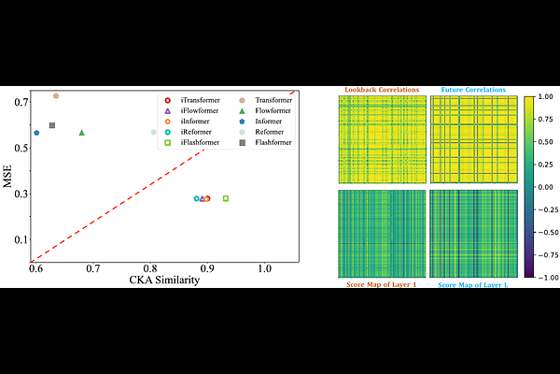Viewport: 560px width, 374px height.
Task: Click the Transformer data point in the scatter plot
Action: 56,95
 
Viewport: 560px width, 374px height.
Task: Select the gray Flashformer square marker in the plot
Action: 52,125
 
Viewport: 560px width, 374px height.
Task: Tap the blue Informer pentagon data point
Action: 36,133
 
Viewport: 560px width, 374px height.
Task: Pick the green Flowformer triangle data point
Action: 82,133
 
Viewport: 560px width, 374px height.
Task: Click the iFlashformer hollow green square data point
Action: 226,198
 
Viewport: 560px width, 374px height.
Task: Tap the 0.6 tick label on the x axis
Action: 36,269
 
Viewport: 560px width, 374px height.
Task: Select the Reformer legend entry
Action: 270,132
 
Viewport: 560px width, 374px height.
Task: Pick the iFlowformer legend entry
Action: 196,110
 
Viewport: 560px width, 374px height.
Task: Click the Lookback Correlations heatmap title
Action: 382,90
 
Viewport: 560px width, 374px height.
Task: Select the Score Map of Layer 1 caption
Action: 382,284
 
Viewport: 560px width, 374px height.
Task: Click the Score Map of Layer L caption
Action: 473,284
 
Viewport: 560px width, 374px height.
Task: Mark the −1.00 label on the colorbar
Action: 548,277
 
